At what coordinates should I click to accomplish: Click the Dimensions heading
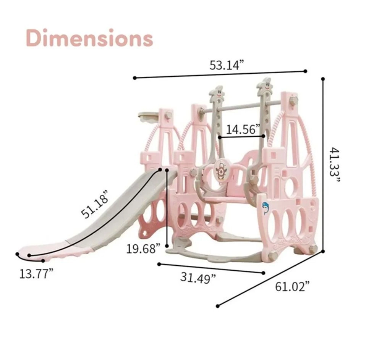(90, 38)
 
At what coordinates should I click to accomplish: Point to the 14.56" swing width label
(243, 129)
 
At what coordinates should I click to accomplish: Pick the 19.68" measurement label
(143, 249)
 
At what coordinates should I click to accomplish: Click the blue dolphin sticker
(265, 208)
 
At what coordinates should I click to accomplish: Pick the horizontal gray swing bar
(244, 107)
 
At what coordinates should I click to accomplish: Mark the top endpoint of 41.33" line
(323, 79)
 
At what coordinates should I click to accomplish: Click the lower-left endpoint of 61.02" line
(218, 305)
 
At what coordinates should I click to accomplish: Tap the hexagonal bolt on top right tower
(293, 101)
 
